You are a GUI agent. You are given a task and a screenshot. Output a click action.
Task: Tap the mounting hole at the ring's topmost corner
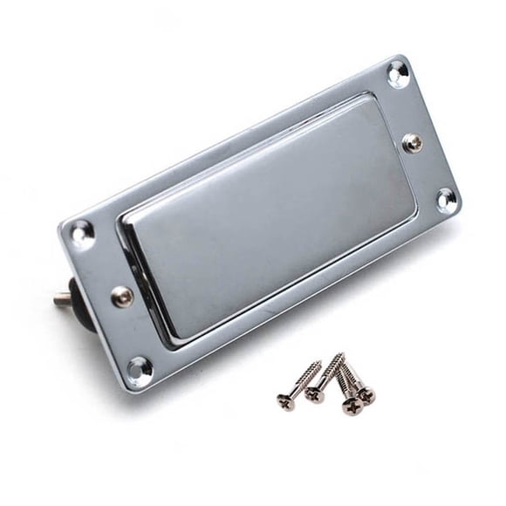pyautogui.click(x=398, y=72)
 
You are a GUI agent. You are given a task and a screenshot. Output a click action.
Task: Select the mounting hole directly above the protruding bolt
pyautogui.click(x=81, y=231)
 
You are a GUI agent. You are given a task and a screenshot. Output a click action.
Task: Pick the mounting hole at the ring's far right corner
pyautogui.click(x=446, y=200)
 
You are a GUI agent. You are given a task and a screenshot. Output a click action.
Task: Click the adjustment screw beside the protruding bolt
pyautogui.click(x=121, y=295)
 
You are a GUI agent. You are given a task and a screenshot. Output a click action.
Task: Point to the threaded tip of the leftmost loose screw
pyautogui.click(x=320, y=363)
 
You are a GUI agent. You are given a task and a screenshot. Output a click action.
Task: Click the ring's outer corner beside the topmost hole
pyautogui.click(x=403, y=57)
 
